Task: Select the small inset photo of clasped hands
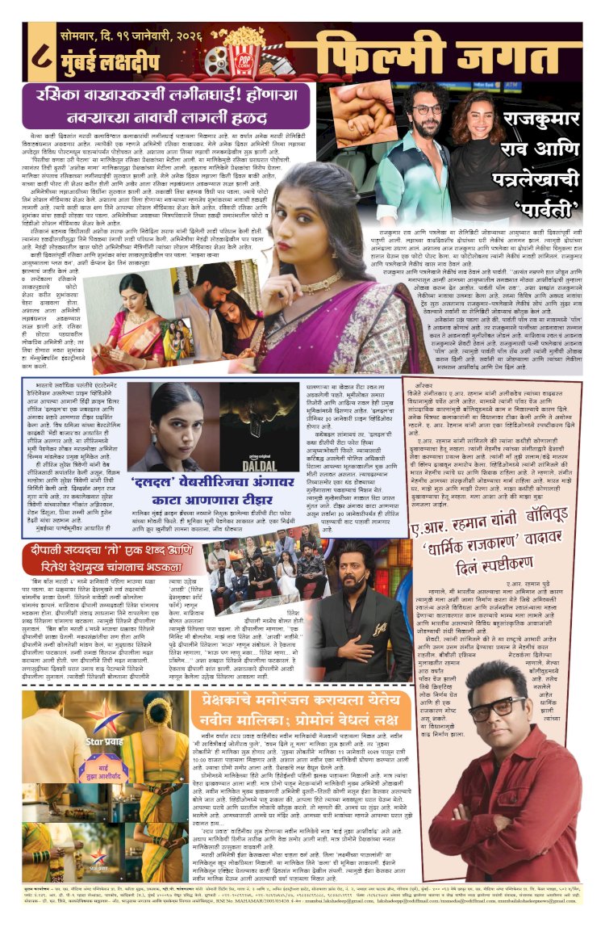coord(364,103)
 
